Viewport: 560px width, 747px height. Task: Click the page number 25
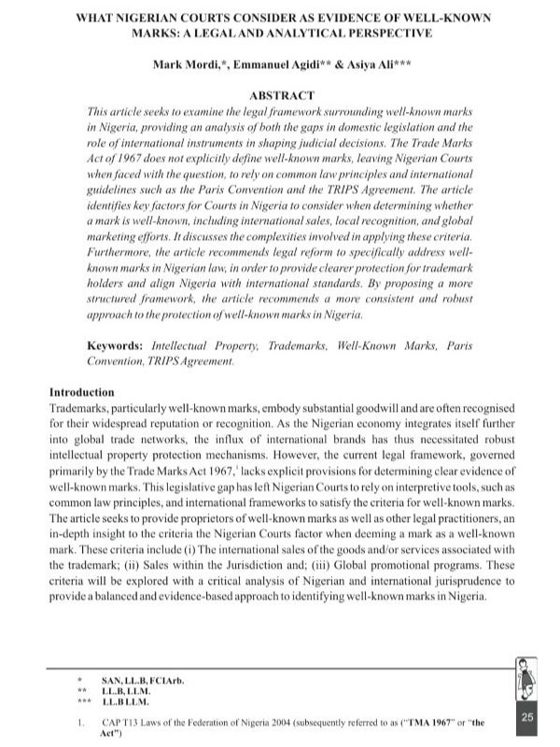tap(526, 717)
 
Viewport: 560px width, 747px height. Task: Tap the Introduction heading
tap(81, 392)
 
